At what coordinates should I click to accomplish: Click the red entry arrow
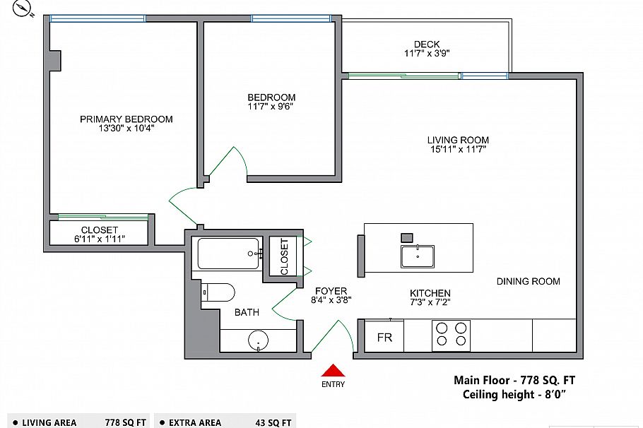pyautogui.click(x=334, y=370)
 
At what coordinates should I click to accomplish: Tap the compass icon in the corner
pyautogui.click(x=26, y=8)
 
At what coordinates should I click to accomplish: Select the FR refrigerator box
pyautogui.click(x=384, y=338)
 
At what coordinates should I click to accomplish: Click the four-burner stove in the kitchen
pyautogui.click(x=451, y=334)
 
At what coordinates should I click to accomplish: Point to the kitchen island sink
pyautogui.click(x=418, y=256)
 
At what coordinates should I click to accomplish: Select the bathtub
pyautogui.click(x=228, y=254)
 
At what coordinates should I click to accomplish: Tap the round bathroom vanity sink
pyautogui.click(x=259, y=342)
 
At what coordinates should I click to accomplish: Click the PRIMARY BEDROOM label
pyautogui.click(x=126, y=119)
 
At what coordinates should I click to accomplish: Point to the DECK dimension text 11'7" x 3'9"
pyautogui.click(x=427, y=53)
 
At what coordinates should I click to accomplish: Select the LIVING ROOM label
pyautogui.click(x=458, y=140)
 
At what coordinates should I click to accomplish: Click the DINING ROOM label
pyautogui.click(x=528, y=281)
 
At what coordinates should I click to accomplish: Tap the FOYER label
pyautogui.click(x=331, y=291)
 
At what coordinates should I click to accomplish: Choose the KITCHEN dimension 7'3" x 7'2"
pyautogui.click(x=430, y=302)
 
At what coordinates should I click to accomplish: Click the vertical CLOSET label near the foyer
pyautogui.click(x=284, y=256)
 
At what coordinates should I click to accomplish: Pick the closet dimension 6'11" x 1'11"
pyautogui.click(x=99, y=239)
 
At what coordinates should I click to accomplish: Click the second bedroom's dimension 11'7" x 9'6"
pyautogui.click(x=271, y=107)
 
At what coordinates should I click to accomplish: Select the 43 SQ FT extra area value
pyautogui.click(x=271, y=422)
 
